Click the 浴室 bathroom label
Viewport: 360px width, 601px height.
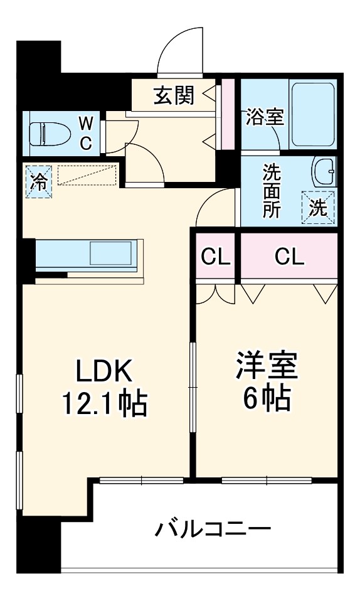point(265,117)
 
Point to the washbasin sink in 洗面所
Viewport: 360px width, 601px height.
point(324,170)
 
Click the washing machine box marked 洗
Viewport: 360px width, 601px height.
point(319,206)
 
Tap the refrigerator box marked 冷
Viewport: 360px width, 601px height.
point(38,181)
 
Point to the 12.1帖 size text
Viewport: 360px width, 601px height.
point(103,404)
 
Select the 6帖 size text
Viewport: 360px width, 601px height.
point(267,398)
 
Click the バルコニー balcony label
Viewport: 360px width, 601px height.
point(213,529)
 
